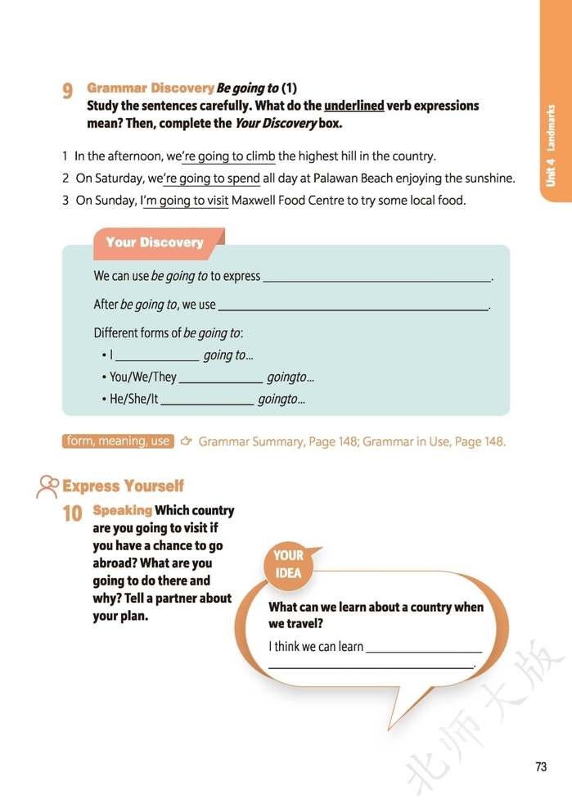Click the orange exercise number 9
pos(68,91)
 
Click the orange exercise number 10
pos(72,514)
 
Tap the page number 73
pos(540,767)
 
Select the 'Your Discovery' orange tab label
pos(154,242)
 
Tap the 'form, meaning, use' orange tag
pos(118,441)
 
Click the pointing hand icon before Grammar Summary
pos(186,441)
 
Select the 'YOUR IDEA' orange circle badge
pos(288,564)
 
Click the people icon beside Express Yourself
pos(47,486)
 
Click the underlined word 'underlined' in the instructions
pos(354,106)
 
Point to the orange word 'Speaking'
pos(123,510)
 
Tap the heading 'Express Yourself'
pos(124,486)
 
